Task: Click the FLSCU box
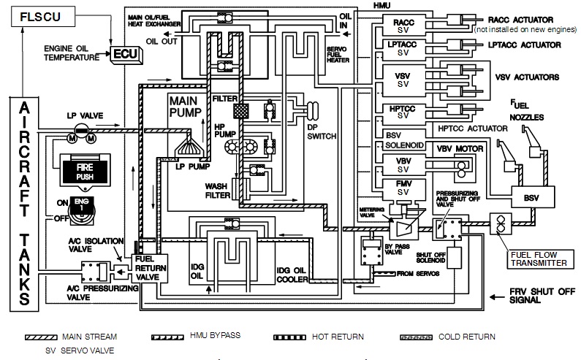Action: pyautogui.click(x=37, y=15)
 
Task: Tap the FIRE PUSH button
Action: pyautogui.click(x=80, y=170)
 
